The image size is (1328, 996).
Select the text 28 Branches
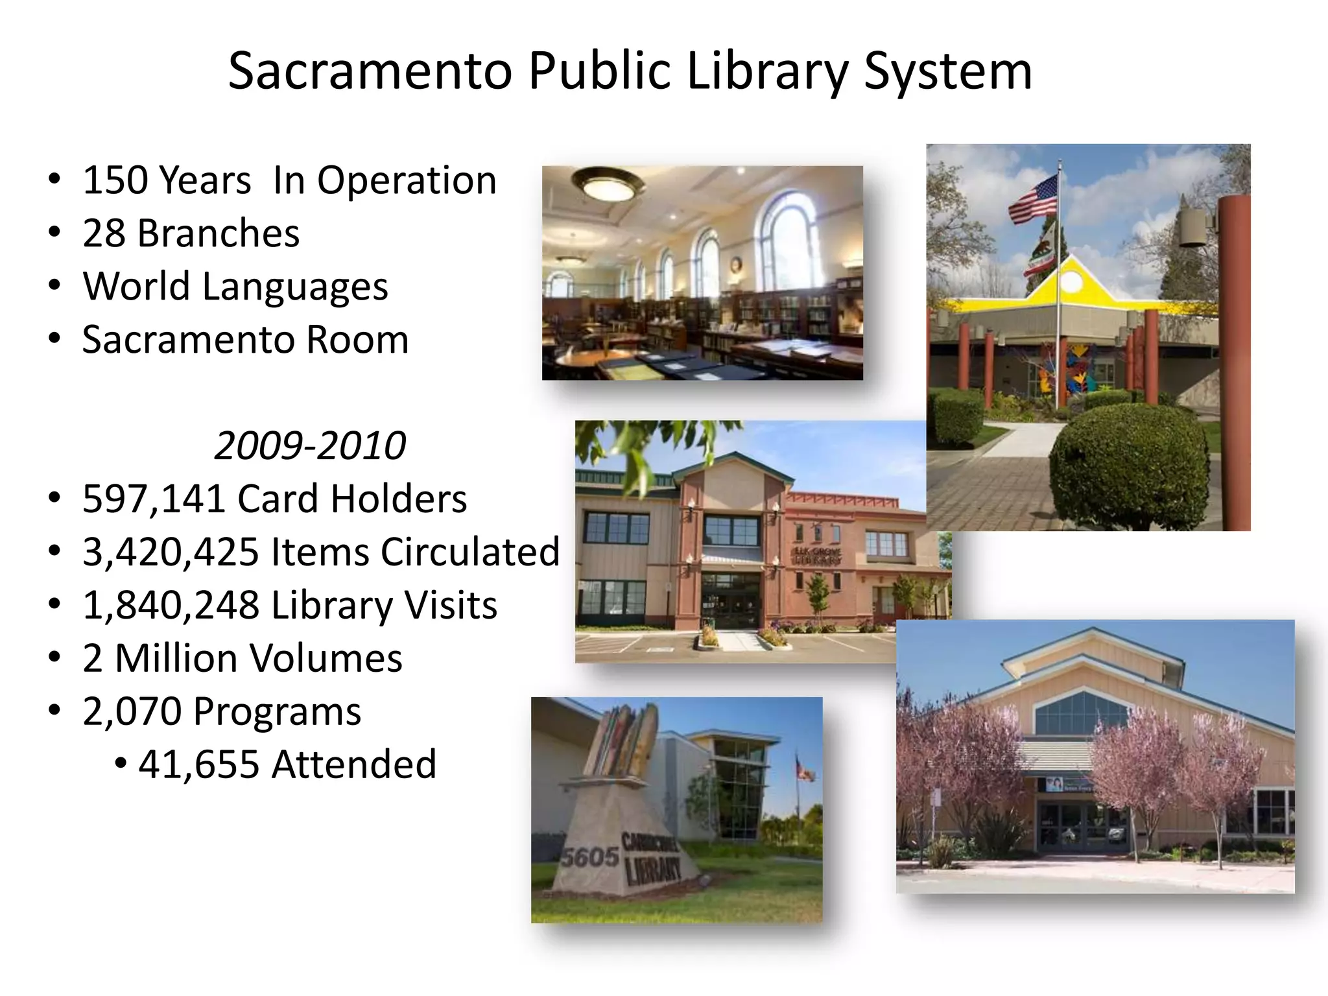click(x=191, y=233)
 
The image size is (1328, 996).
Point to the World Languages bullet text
click(x=235, y=287)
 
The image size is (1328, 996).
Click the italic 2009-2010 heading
click(x=310, y=446)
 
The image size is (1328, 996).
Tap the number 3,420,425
click(x=171, y=552)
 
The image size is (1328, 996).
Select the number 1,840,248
click(x=171, y=606)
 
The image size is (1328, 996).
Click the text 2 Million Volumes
click(x=242, y=659)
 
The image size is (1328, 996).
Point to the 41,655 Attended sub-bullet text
click(x=287, y=765)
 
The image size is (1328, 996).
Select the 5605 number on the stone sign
click(x=589, y=857)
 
